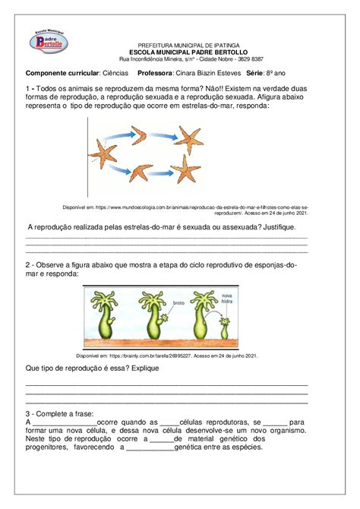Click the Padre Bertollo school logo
(51, 43)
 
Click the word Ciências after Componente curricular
(116, 73)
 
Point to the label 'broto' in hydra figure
(178, 303)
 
